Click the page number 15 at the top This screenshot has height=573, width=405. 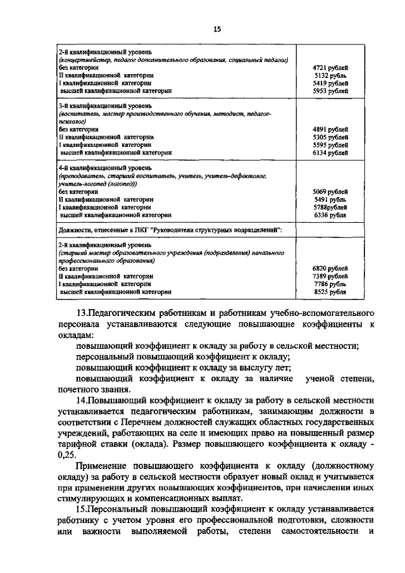[216, 28]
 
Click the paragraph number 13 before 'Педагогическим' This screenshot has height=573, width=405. [80, 313]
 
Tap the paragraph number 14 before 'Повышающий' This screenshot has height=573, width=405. [80, 401]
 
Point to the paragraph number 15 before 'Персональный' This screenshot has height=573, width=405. [80, 509]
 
